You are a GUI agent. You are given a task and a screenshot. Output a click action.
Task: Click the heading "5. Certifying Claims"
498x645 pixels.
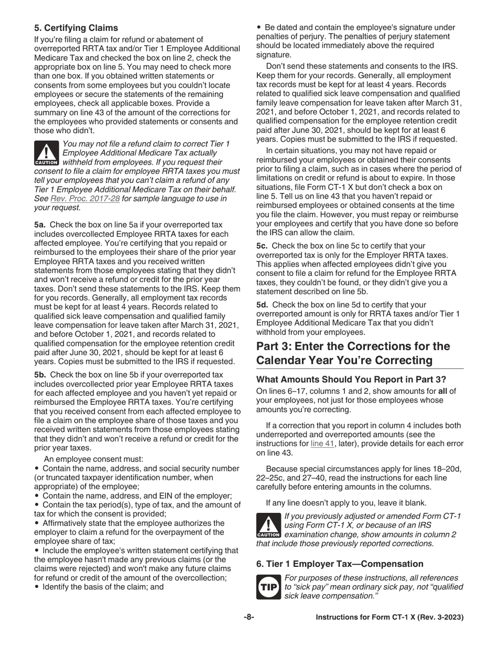click(x=76, y=28)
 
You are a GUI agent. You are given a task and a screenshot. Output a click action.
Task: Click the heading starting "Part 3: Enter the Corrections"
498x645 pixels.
click(x=353, y=353)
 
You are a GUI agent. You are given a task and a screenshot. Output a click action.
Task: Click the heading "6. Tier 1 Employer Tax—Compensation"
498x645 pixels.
click(x=340, y=564)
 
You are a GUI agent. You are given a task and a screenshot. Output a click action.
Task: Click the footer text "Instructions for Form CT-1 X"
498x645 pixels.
click(x=389, y=618)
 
